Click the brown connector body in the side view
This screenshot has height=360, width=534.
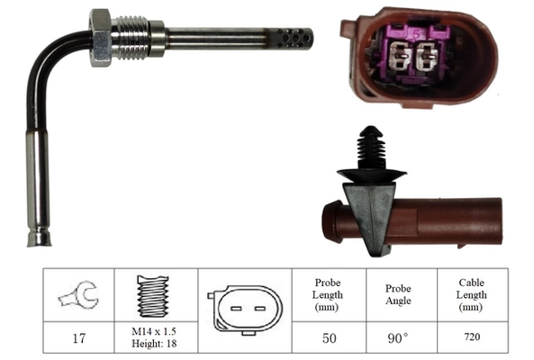pos(450,222)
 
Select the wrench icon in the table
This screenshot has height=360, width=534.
pos(77,295)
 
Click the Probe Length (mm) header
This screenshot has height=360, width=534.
pos(325,294)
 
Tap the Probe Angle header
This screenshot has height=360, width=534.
pos(398,294)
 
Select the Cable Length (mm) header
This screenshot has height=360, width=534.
pos(471,294)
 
